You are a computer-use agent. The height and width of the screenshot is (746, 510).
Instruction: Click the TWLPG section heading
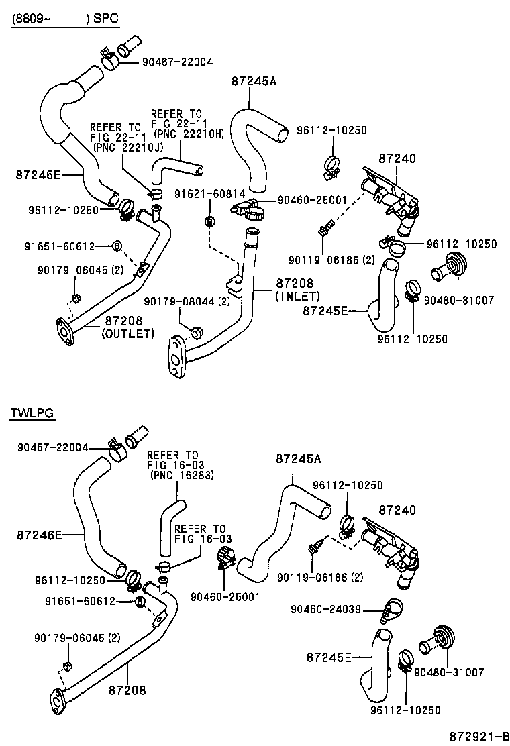pos(32,413)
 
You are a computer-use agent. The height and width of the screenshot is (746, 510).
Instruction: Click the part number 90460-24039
pos(326,609)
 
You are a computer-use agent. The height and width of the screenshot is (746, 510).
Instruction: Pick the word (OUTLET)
pos(128,333)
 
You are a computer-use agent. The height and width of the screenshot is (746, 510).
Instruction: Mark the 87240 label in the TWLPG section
pos(397,510)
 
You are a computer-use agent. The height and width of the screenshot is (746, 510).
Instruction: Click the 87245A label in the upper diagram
pos(254,81)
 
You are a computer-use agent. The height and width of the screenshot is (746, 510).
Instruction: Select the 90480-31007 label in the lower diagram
pos(449,672)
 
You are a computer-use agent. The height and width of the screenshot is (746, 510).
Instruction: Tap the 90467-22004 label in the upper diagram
pos(177,62)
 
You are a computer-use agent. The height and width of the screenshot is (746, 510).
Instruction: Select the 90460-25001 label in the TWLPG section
pos(225,596)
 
